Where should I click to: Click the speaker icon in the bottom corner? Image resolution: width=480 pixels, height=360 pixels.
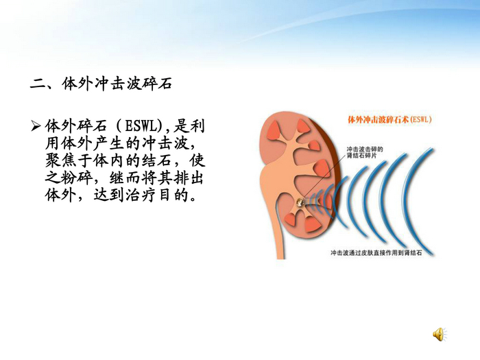438,334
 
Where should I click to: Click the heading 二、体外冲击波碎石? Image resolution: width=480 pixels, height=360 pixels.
101,85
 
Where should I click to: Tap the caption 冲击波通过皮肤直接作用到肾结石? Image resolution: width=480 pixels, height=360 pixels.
383,253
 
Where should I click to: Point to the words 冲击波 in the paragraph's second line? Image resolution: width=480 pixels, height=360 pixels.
156,145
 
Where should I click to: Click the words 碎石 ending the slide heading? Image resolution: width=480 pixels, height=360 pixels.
158,85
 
